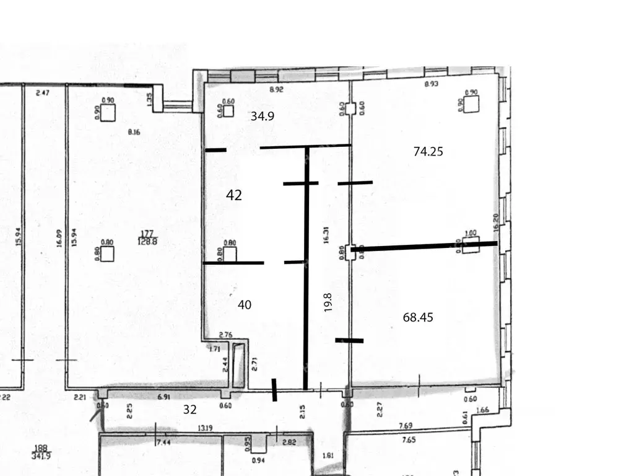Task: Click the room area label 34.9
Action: pyautogui.click(x=262, y=116)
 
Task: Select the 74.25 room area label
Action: pyautogui.click(x=428, y=151)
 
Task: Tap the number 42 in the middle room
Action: pyautogui.click(x=234, y=195)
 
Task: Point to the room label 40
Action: pyautogui.click(x=245, y=304)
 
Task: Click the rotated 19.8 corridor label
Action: pyautogui.click(x=329, y=302)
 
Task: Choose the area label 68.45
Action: pyautogui.click(x=418, y=317)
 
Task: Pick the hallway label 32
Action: pyautogui.click(x=189, y=408)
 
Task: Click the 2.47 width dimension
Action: pyautogui.click(x=42, y=93)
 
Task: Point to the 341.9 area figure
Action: pyautogui.click(x=41, y=455)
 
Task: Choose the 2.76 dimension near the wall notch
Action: pyautogui.click(x=225, y=335)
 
